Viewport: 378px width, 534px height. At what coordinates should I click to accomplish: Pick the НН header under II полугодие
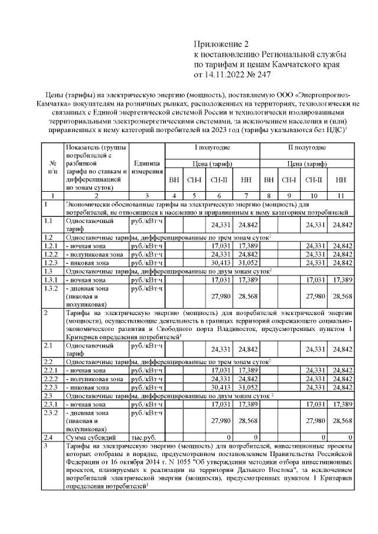point(341,179)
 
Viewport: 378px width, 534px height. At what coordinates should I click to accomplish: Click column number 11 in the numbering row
point(341,195)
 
